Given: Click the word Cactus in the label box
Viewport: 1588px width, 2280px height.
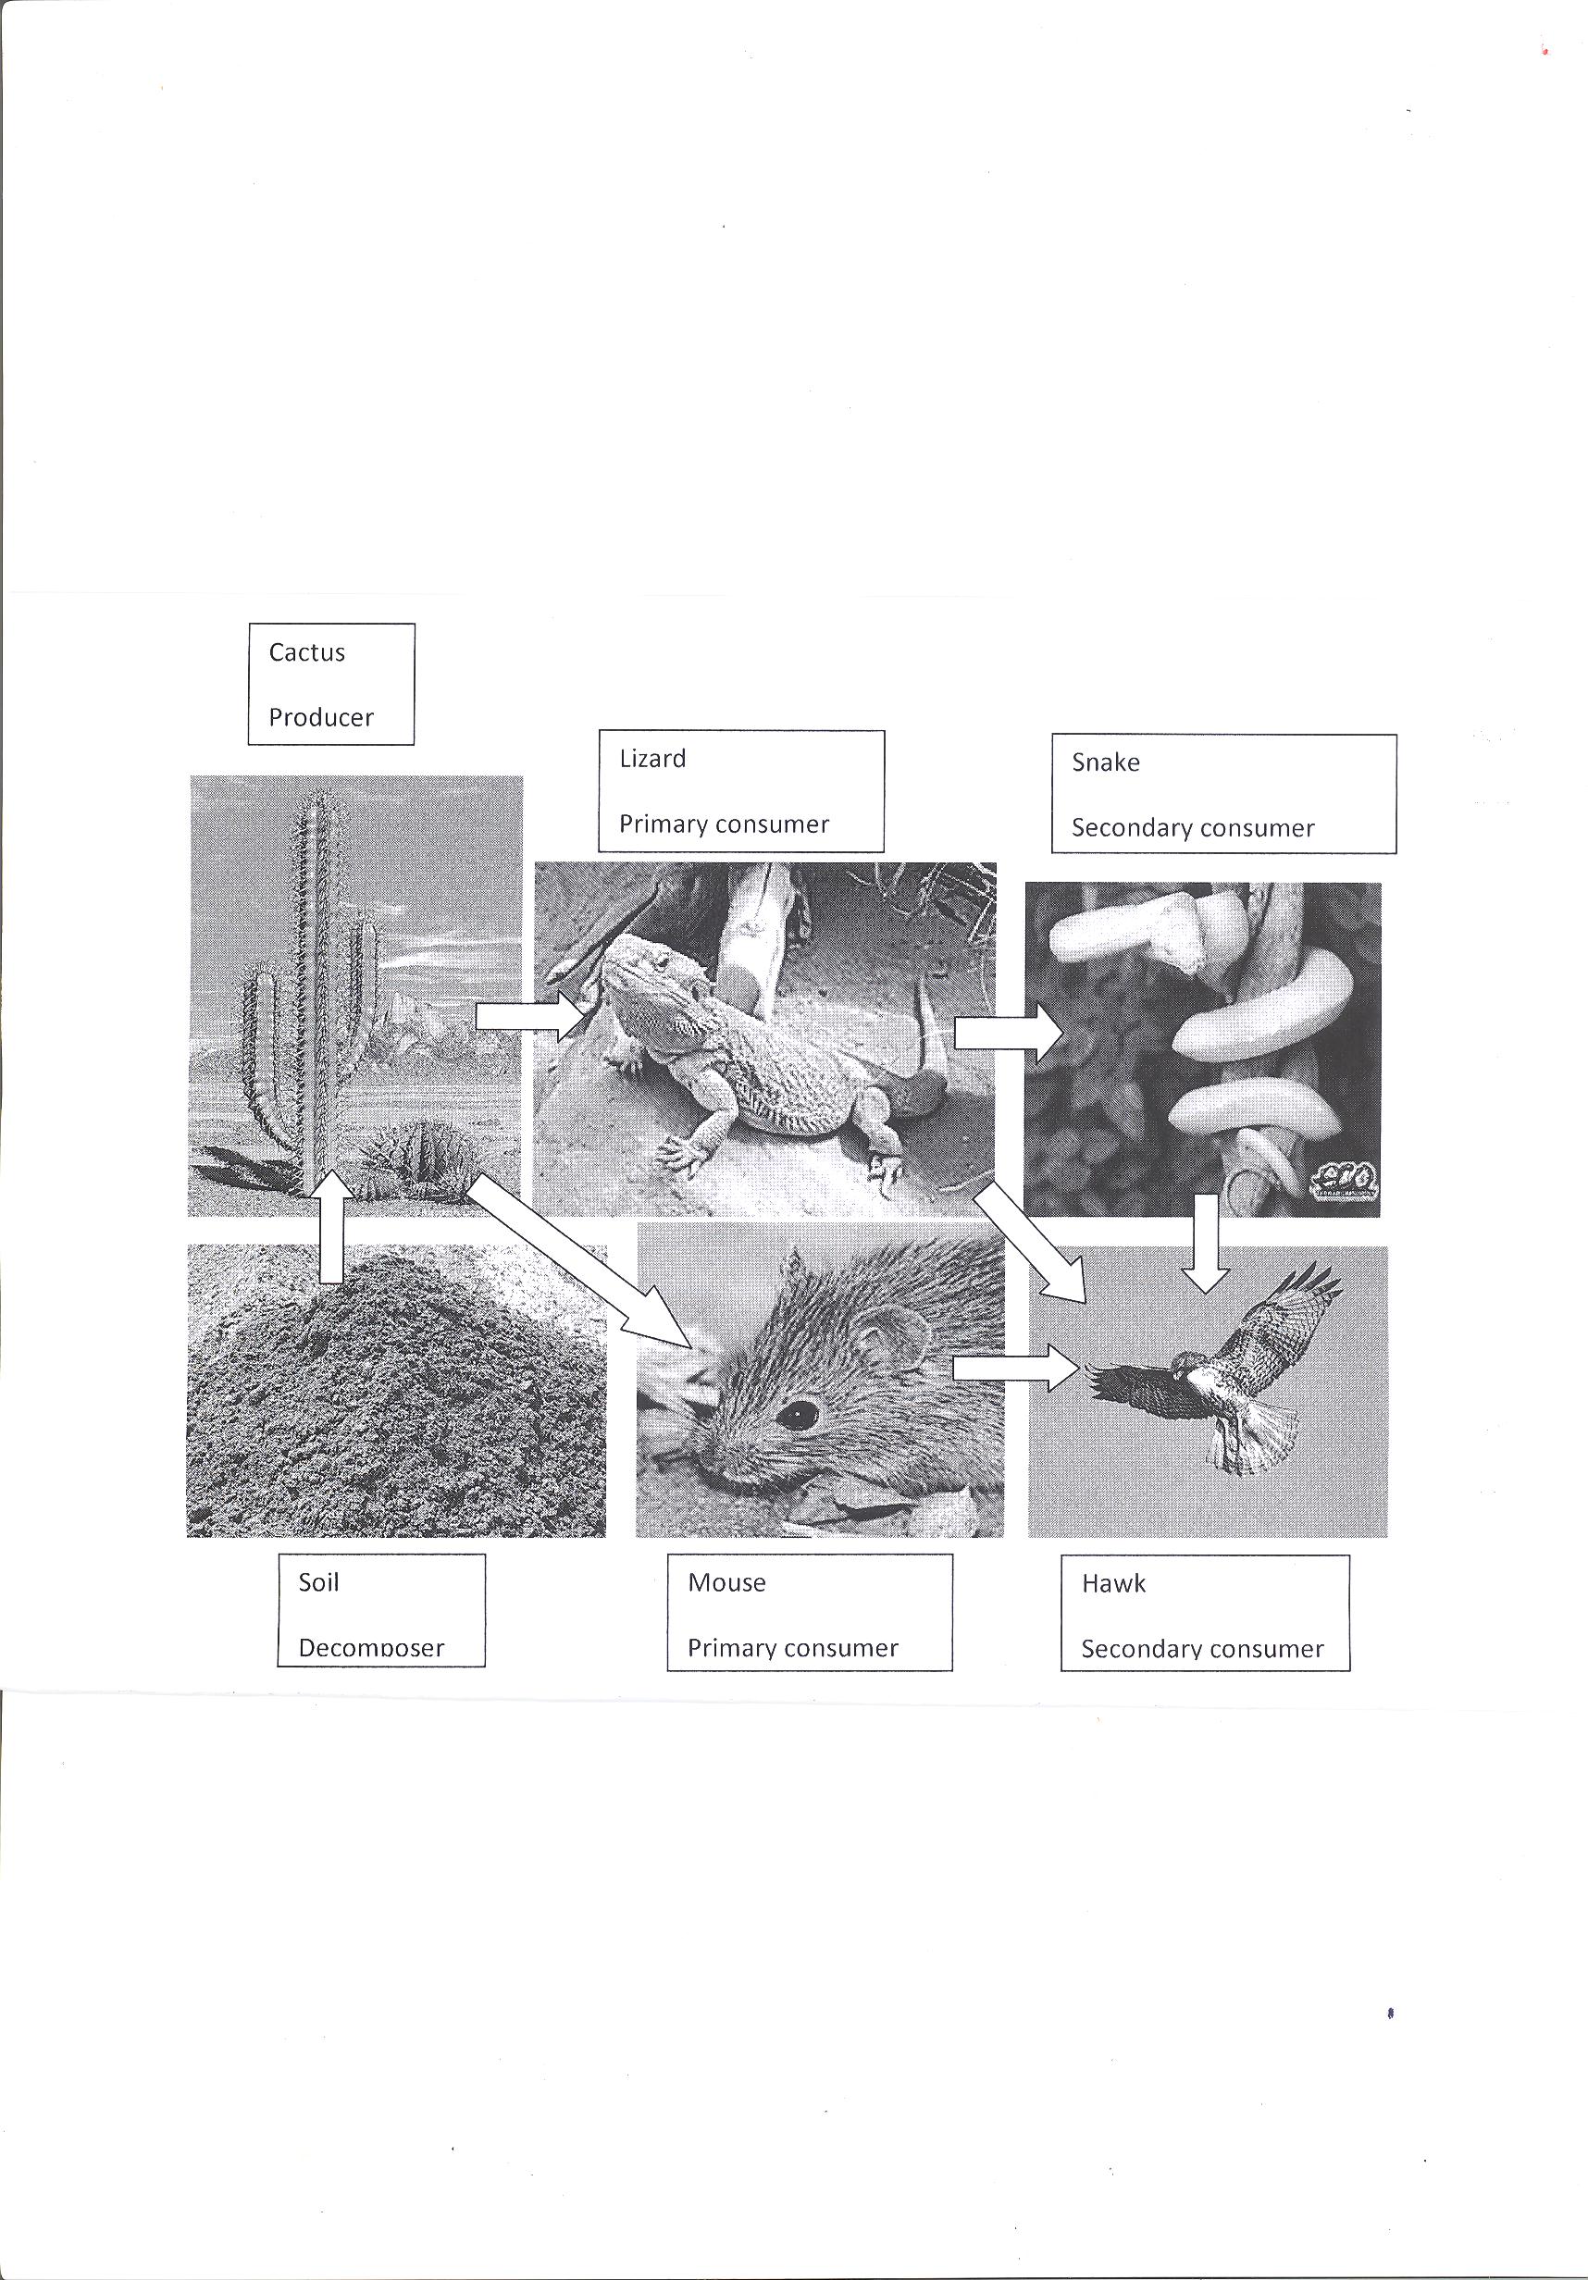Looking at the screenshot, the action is tap(307, 652).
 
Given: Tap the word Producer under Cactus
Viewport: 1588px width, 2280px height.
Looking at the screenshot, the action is tap(321, 717).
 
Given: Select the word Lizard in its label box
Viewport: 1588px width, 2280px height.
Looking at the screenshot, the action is tap(652, 759).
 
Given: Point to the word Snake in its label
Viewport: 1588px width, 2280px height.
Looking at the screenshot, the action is tap(1105, 762).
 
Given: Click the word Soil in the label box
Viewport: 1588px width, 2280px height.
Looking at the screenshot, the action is tap(318, 1582).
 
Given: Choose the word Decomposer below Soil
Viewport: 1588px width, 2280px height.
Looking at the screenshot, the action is tap(371, 1648).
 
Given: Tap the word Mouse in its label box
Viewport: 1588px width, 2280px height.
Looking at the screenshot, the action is tap(727, 1583).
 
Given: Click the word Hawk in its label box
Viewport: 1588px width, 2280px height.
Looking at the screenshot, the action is tap(1113, 1584).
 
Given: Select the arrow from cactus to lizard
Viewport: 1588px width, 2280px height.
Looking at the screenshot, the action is tap(531, 1017).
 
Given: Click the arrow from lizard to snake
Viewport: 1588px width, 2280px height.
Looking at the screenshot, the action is tap(1009, 1034).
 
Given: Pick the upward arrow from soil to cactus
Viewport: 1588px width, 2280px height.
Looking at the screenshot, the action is tap(331, 1226).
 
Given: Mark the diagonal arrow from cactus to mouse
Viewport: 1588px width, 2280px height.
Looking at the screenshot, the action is tap(579, 1261).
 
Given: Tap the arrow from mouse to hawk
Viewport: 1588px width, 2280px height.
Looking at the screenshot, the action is tap(1015, 1369).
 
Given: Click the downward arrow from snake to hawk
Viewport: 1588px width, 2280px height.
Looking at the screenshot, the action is tap(1206, 1244).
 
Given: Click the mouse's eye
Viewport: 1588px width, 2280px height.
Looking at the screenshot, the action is tap(796, 1414).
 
